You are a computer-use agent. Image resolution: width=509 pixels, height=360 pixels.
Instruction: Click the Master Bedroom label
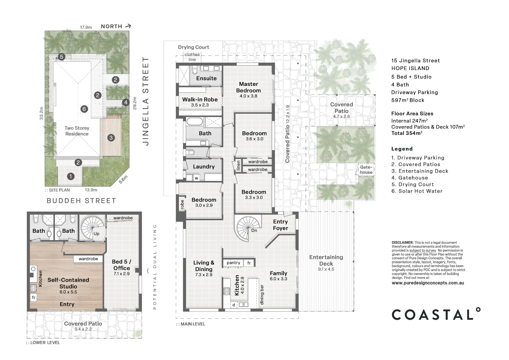[x=248, y=87]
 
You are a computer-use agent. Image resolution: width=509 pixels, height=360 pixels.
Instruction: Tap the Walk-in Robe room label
[x=200, y=100]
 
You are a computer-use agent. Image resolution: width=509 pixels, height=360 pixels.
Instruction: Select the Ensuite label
[x=206, y=78]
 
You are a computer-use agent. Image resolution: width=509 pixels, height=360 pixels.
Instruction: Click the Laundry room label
[x=204, y=167]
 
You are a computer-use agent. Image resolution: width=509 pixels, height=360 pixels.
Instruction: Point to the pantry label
[x=233, y=263]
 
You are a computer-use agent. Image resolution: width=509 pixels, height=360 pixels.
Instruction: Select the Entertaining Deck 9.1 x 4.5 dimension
[x=326, y=269]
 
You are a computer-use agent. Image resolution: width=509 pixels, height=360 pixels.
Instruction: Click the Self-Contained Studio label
[x=68, y=283]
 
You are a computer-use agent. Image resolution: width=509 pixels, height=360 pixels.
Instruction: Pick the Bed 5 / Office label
[x=122, y=265]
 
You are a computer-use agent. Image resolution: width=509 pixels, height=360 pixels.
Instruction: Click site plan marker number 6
[x=84, y=109]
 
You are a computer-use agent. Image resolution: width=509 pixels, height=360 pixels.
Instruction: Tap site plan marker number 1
[x=71, y=176]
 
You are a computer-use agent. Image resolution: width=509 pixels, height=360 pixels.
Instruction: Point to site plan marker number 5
[x=61, y=57]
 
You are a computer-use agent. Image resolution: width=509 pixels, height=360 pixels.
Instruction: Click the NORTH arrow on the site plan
[x=129, y=26]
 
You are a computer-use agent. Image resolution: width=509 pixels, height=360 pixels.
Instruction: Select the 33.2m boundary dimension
[x=41, y=113]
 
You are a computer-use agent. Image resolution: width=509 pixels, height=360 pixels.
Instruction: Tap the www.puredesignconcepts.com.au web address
[x=428, y=283]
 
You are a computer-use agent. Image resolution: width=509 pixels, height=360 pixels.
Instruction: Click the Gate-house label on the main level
[x=366, y=170]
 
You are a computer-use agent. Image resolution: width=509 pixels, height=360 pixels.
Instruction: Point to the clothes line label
[x=192, y=57]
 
